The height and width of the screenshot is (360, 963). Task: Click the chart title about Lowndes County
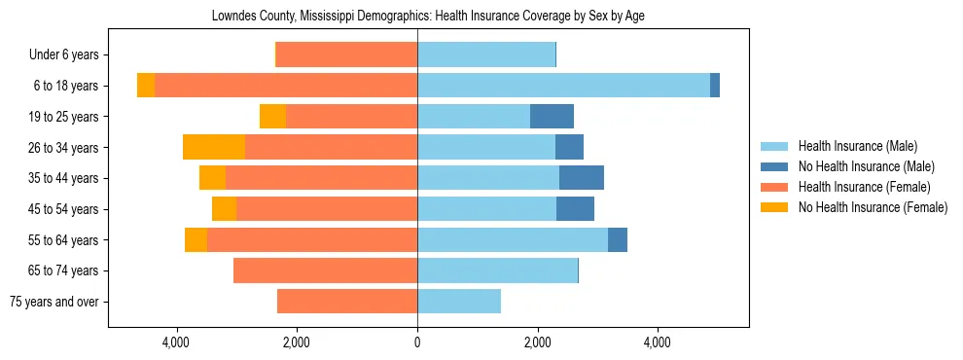tap(428, 17)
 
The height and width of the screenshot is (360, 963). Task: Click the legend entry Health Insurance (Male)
tap(857, 146)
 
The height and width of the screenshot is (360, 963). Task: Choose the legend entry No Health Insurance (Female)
tap(873, 207)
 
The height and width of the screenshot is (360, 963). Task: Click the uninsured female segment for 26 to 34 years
tap(214, 147)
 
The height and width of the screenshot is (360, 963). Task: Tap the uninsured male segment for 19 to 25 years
tap(552, 117)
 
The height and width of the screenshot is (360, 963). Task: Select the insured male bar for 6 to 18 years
tap(563, 86)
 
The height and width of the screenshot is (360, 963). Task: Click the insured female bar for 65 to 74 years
tap(325, 270)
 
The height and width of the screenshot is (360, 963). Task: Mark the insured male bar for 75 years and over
tap(459, 302)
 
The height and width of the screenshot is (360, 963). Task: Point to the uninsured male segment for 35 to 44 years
tap(582, 178)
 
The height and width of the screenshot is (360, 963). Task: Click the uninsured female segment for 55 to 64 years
tap(196, 239)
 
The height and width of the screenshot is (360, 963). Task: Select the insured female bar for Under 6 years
tap(346, 54)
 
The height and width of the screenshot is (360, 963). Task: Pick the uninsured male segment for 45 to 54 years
tap(575, 209)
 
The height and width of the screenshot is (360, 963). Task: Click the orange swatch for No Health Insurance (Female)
tap(775, 207)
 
